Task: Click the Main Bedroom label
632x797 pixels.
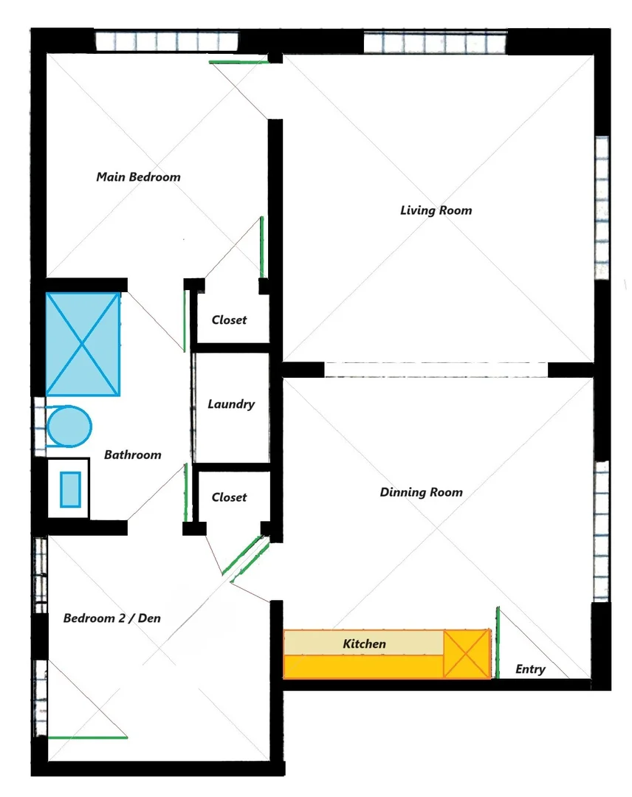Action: (x=138, y=177)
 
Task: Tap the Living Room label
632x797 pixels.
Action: (x=436, y=210)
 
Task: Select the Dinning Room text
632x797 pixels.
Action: (x=421, y=492)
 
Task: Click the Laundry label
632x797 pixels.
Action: (x=231, y=404)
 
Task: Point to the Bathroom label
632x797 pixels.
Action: (x=132, y=455)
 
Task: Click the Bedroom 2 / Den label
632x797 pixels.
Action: (x=111, y=618)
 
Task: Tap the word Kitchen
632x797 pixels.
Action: (x=364, y=644)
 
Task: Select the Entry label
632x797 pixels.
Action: (x=529, y=669)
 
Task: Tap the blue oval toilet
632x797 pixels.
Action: (x=69, y=427)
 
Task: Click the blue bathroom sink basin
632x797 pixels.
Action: (x=70, y=489)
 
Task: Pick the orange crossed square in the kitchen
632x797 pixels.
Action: (x=466, y=654)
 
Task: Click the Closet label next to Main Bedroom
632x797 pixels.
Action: (x=229, y=320)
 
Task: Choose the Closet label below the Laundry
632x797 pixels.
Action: (x=229, y=497)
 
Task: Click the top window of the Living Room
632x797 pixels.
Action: (x=436, y=42)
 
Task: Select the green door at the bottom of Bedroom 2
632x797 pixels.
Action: (x=87, y=736)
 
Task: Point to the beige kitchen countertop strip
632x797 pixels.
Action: (x=363, y=643)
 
